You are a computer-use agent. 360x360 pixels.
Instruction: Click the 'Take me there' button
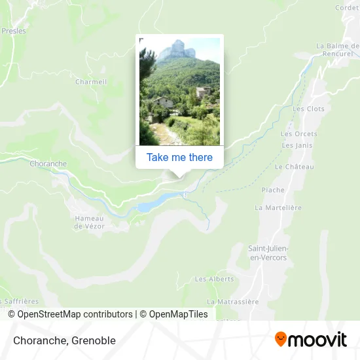coord(179,157)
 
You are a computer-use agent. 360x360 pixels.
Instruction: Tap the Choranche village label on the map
coord(48,164)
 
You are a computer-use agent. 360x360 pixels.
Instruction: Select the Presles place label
coord(13,31)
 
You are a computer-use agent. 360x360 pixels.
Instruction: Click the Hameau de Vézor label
coord(89,223)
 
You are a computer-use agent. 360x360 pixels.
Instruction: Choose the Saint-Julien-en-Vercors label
coord(268,252)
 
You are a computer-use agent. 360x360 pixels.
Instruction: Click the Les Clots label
coord(309,109)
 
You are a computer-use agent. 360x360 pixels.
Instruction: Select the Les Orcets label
coord(299,134)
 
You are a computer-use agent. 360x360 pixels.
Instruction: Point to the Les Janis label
coord(297,145)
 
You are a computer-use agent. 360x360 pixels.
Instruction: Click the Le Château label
coord(295,167)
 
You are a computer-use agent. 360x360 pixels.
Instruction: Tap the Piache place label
coord(273,190)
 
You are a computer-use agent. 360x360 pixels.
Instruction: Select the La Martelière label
coord(278,207)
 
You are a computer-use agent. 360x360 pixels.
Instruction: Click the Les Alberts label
coord(214,279)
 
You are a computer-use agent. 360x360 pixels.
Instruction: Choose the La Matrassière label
coord(233,302)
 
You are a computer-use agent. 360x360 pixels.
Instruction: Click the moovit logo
coord(310,340)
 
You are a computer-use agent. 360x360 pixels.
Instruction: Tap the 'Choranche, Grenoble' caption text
coord(63,340)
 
